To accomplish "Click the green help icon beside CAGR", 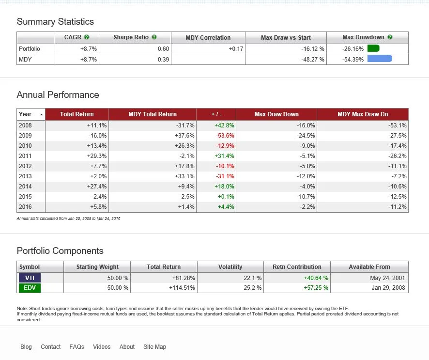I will click(87, 37).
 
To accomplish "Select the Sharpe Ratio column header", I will click(131, 37).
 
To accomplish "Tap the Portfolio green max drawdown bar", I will click(373, 48).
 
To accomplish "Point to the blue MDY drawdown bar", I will click(380, 59).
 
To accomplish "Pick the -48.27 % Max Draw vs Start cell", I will click(311, 60).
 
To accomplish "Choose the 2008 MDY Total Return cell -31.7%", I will click(185, 125).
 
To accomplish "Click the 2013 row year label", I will click(25, 176).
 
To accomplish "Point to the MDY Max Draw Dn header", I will click(363, 114).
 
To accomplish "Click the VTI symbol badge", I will click(30, 278).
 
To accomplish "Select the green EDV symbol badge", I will click(30, 288).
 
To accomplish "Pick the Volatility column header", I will click(230, 267).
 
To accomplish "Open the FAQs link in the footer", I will click(77, 347).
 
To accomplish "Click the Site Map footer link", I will click(154, 347).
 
